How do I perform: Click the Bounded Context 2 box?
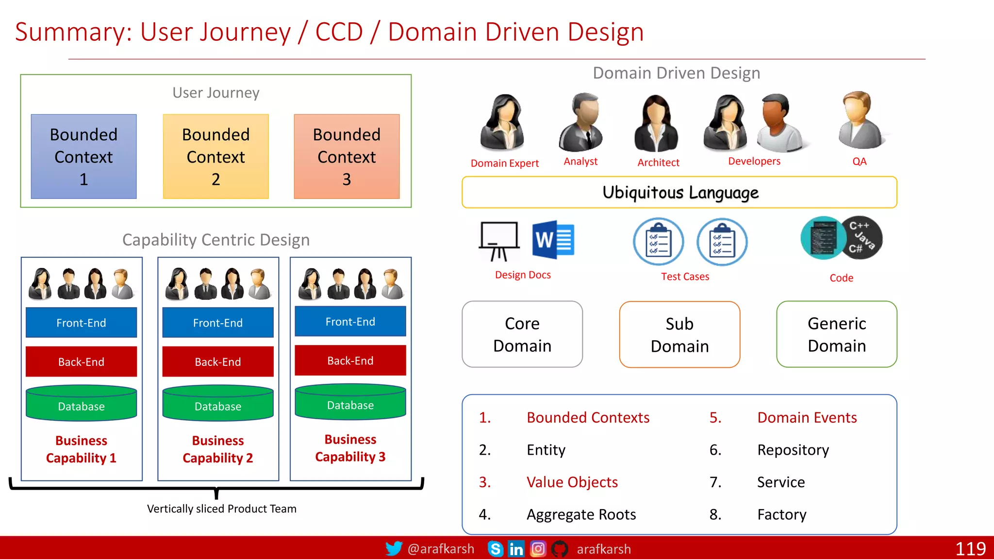[x=215, y=156]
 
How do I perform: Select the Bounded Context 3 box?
[x=347, y=156]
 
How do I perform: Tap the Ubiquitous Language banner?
[x=679, y=192]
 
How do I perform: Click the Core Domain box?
[x=522, y=334]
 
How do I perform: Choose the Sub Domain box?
[x=679, y=334]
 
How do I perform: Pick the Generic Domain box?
[x=836, y=334]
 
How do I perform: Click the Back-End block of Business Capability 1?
[x=81, y=362]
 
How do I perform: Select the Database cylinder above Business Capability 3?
[x=350, y=402]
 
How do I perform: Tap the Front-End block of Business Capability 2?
[x=217, y=322]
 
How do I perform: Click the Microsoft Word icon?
[x=553, y=240]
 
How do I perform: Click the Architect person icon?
[x=656, y=123]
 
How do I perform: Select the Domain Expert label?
[x=504, y=163]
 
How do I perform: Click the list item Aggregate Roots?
[x=581, y=514]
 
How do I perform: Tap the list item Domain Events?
[x=807, y=417]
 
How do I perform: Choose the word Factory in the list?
[x=781, y=514]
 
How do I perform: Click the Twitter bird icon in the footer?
[x=394, y=548]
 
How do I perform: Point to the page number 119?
[x=970, y=549]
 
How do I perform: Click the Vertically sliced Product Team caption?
[x=221, y=509]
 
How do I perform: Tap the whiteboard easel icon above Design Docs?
[x=499, y=241]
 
